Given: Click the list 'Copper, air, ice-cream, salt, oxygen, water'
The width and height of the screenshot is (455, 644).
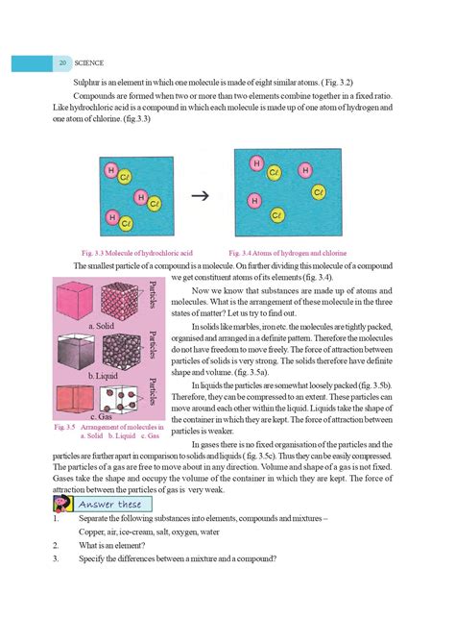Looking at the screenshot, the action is [149, 531].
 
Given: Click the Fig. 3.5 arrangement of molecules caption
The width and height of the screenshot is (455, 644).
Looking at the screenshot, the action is [108, 431].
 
